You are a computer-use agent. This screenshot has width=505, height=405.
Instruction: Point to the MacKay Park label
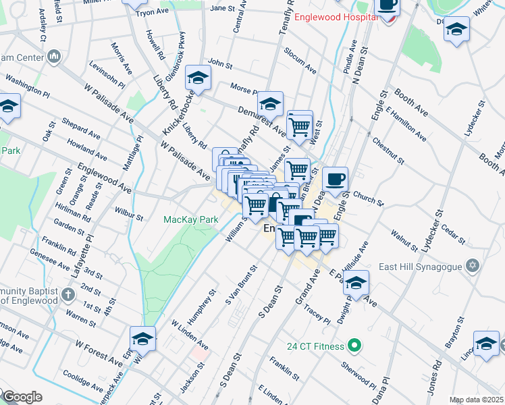coord(191,219)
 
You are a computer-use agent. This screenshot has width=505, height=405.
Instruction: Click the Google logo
coord(22,397)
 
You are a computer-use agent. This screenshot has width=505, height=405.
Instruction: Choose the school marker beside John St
coord(198,79)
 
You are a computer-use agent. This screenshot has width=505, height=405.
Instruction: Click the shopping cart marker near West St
coord(299,125)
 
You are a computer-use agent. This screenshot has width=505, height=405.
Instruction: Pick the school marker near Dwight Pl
coord(357,283)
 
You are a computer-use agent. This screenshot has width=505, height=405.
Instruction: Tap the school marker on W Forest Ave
coord(142,340)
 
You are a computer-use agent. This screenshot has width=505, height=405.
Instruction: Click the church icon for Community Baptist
coord(68,294)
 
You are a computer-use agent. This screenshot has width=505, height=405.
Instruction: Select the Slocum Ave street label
coord(300,61)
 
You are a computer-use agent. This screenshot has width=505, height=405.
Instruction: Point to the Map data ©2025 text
coord(477,400)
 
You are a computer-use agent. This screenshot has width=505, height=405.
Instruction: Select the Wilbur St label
coord(129,214)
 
